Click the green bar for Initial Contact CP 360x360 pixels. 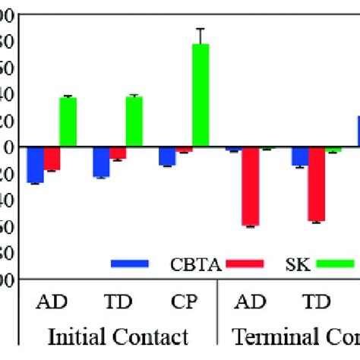tap(201, 95)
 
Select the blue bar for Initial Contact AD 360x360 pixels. tap(35, 164)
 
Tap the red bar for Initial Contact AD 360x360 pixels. tap(52, 158)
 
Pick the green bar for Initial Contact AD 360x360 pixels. tap(68, 122)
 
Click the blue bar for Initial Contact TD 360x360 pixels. tap(101, 161)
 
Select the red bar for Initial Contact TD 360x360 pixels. tap(118, 153)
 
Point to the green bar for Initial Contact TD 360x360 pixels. tap(134, 122)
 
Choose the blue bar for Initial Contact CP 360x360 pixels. tap(167, 155)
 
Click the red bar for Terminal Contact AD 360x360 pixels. tap(250, 186)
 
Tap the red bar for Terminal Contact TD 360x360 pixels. tap(316, 184)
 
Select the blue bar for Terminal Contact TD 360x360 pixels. tap(300, 156)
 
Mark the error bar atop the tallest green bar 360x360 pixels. tap(201, 36)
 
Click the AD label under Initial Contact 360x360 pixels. tap(52, 301)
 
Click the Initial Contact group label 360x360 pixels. tap(118, 336)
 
